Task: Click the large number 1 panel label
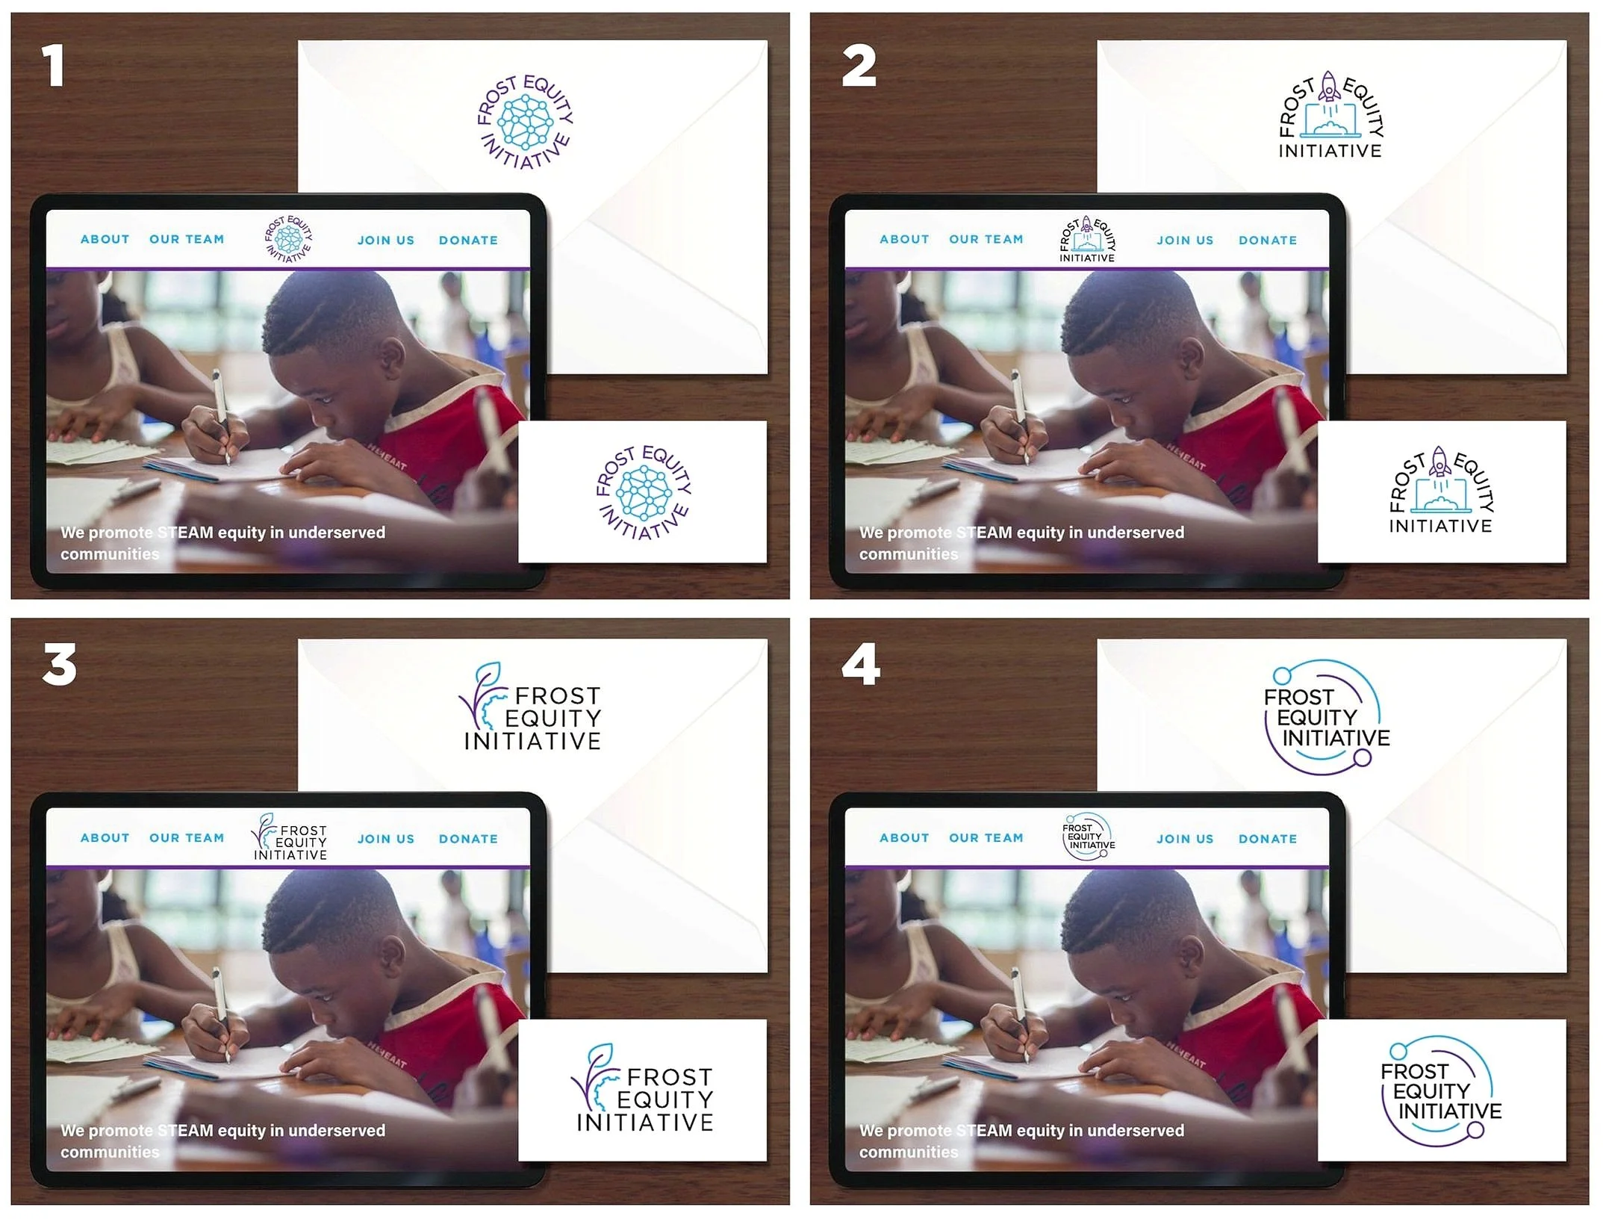click(52, 65)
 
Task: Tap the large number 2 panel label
click(859, 66)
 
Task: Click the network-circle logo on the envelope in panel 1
click(526, 122)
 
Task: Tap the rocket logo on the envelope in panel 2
click(1330, 114)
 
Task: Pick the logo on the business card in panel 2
click(1441, 490)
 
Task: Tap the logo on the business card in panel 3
click(643, 1088)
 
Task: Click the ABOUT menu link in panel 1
click(105, 239)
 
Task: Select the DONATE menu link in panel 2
click(1268, 241)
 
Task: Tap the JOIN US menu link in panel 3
click(386, 839)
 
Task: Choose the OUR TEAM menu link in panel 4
click(986, 838)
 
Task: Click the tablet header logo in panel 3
click(290, 837)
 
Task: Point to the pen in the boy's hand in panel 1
click(220, 415)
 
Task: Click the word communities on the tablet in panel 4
click(909, 1152)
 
